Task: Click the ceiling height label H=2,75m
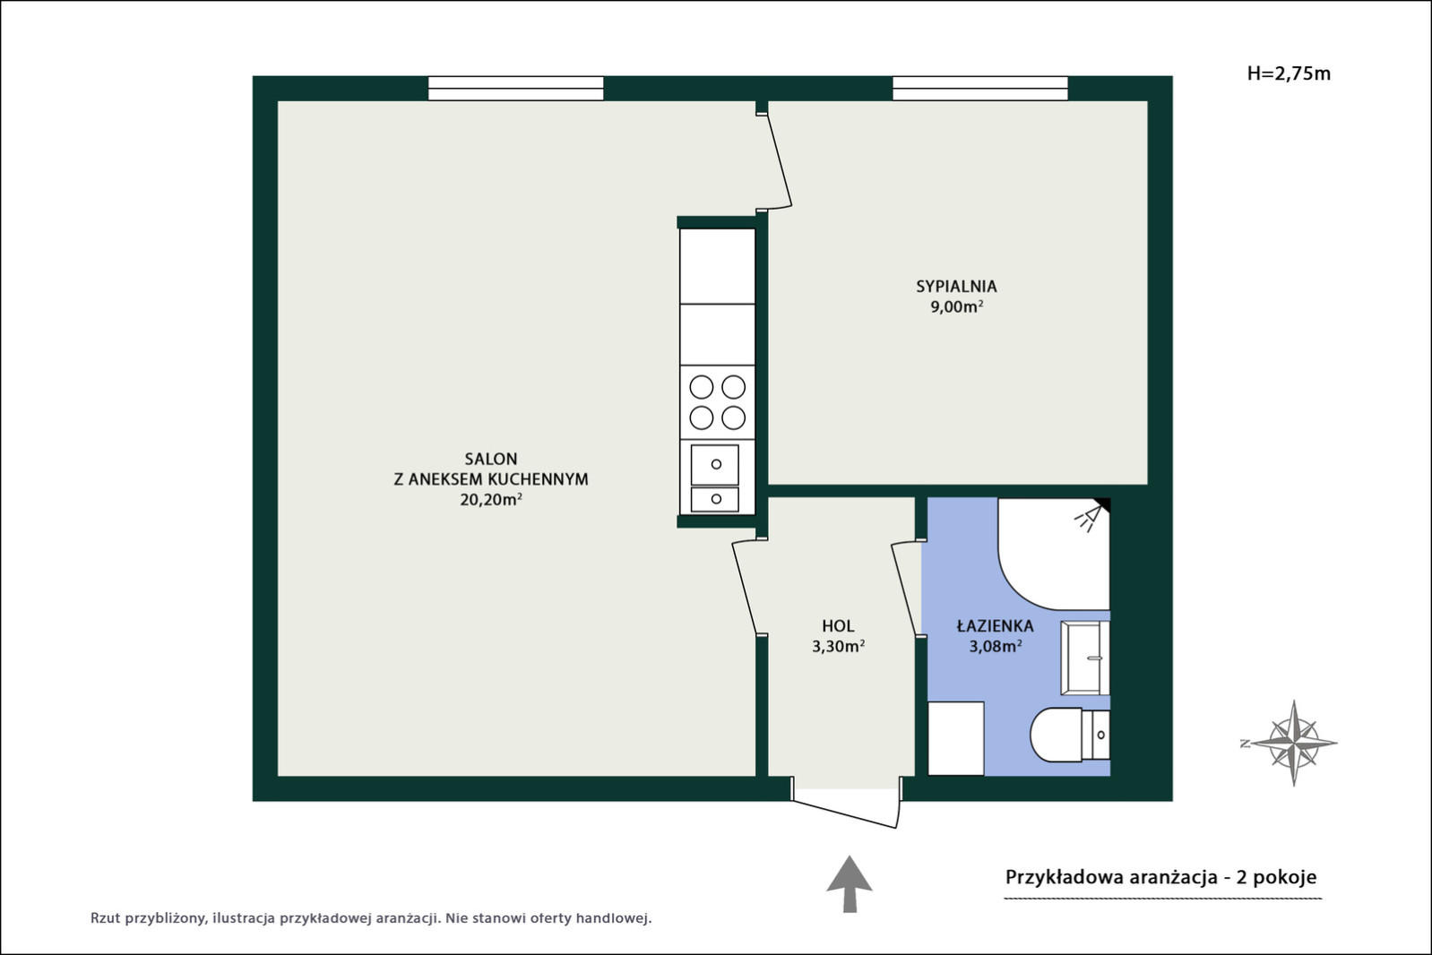1289,74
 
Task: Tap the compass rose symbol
1293,743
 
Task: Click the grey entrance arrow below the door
850,884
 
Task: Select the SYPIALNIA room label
956,287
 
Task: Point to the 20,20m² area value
491,499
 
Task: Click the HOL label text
838,626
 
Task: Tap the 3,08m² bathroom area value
996,646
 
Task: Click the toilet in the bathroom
1070,735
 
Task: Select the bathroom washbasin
1085,657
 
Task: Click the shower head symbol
1090,517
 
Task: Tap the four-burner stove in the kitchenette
717,403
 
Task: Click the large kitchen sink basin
715,465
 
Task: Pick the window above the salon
516,88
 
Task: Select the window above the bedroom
980,88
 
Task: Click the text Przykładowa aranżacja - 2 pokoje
1161,877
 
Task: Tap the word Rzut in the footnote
105,918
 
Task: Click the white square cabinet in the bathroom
956,738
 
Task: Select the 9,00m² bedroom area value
956,306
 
